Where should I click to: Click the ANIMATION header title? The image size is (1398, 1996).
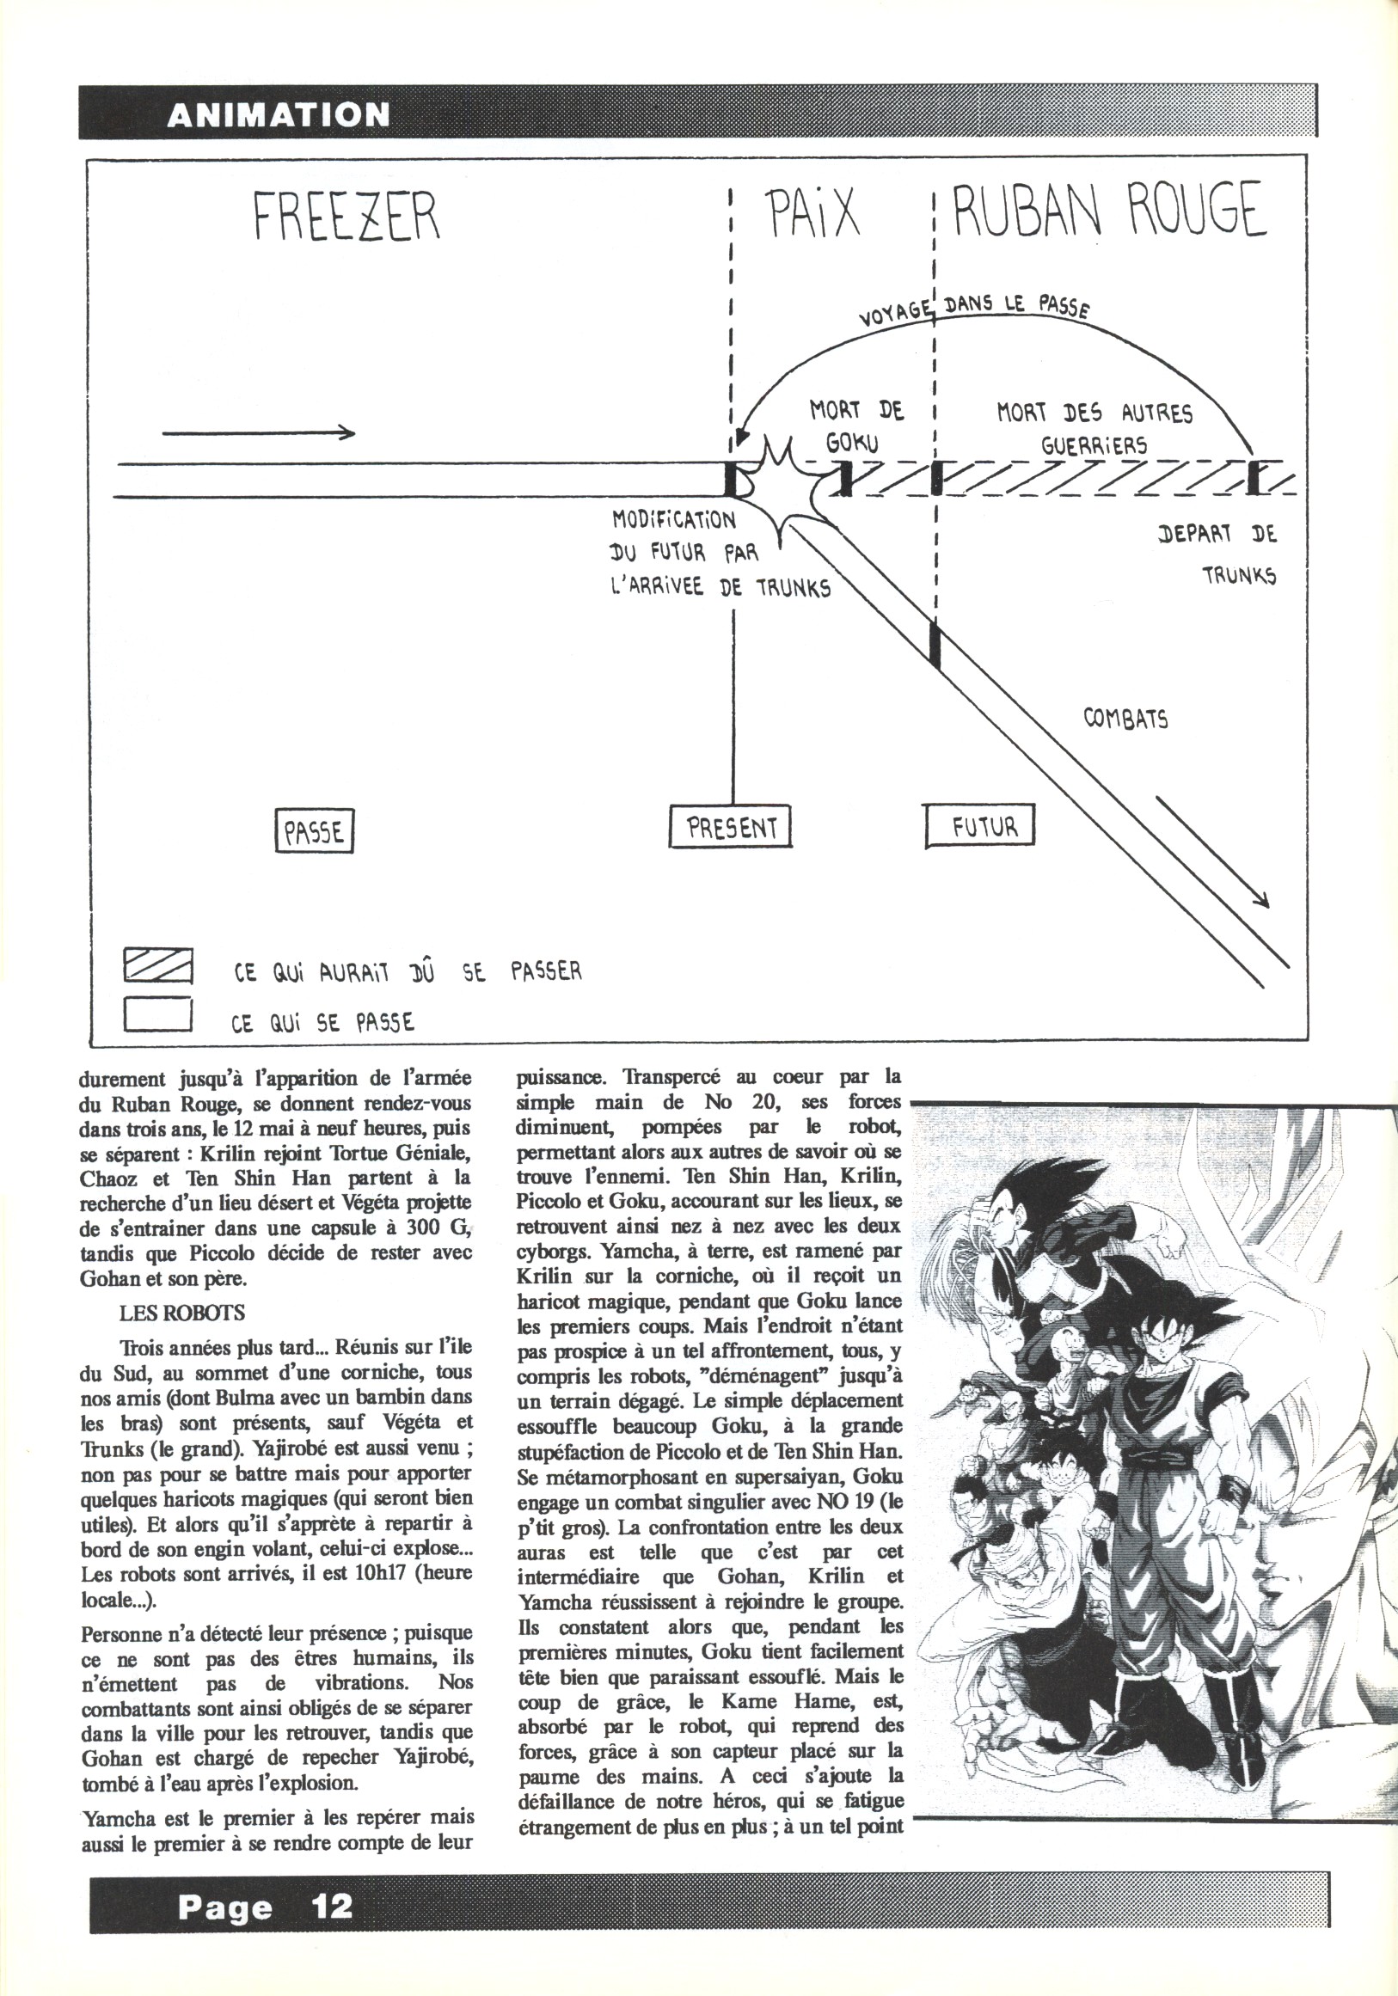pyautogui.click(x=279, y=114)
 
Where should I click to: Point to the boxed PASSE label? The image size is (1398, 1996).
pyautogui.click(x=314, y=831)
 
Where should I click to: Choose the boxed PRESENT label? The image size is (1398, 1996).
pyautogui.click(x=731, y=826)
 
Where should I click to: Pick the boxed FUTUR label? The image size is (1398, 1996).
pyautogui.click(x=982, y=826)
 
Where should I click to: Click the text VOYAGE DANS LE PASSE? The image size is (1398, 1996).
pyautogui.click(x=974, y=310)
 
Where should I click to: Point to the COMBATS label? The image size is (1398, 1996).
pyautogui.click(x=1125, y=719)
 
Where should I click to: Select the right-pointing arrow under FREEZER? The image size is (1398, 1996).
pyautogui.click(x=258, y=432)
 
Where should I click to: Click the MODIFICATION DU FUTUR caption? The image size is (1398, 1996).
pyautogui.click(x=720, y=553)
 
